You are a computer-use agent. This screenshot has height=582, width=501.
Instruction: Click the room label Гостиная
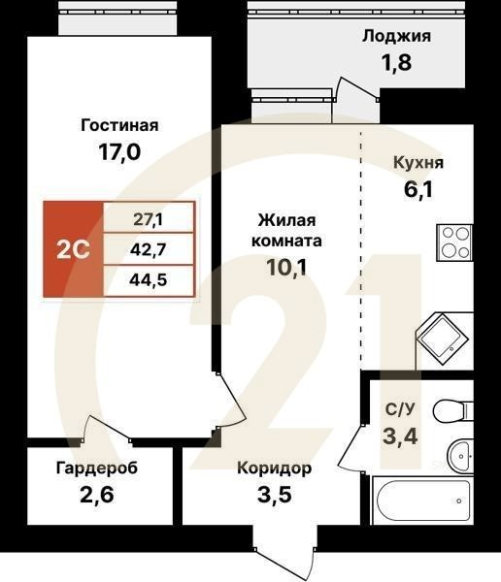point(118,125)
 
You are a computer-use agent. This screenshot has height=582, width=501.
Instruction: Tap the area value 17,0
point(118,153)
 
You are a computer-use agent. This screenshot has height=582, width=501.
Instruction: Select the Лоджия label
point(397,37)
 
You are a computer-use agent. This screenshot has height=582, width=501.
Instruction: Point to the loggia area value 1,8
point(397,66)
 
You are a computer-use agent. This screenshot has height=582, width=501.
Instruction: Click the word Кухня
point(418,162)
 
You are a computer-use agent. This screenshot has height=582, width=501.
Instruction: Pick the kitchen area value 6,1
point(414,188)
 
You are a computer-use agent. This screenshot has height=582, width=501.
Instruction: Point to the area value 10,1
point(289,268)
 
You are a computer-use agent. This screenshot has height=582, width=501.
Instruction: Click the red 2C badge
point(74,248)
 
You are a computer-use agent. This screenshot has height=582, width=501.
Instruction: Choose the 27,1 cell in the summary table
point(149,218)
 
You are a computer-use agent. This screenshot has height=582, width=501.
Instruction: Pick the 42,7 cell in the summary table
point(149,248)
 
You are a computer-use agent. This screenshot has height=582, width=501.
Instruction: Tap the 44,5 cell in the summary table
point(149,280)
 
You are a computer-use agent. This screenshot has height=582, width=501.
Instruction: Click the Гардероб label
point(96,469)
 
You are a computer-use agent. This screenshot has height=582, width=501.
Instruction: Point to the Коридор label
point(275,469)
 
